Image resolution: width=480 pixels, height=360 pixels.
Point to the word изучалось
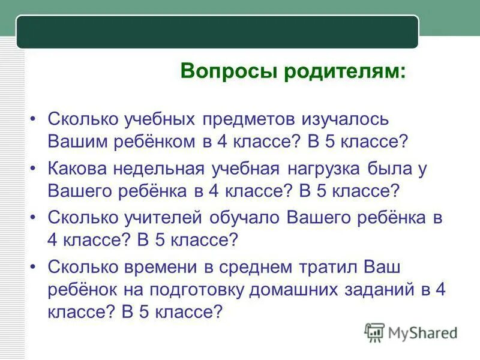(346, 118)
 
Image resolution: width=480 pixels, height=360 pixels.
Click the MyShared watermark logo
(411, 332)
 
